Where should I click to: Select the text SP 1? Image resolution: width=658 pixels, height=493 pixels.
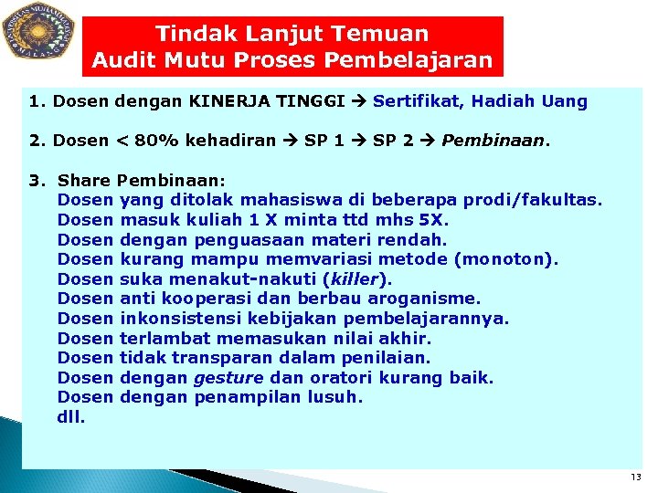[x=324, y=142]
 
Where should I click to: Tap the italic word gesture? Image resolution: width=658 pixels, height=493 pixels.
[x=228, y=377]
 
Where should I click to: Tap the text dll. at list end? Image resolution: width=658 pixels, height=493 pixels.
[x=72, y=417]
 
